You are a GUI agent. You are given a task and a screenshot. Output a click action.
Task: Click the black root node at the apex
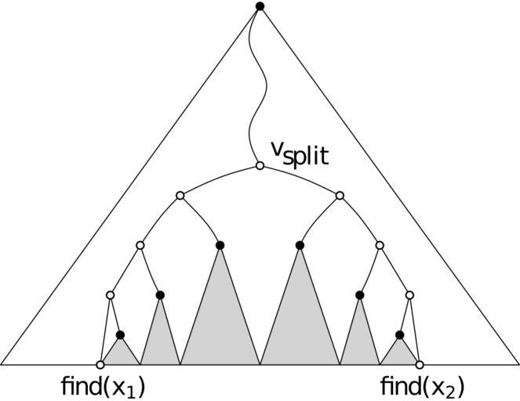click(x=260, y=6)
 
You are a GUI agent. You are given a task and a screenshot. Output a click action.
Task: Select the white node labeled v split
click(x=260, y=166)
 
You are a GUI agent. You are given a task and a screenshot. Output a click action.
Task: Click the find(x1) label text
click(x=103, y=386)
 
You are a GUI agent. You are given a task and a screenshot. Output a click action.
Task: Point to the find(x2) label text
click(x=421, y=386)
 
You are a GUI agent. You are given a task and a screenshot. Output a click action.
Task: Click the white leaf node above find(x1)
click(x=100, y=364)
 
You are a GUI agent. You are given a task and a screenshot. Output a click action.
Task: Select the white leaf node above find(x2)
click(x=420, y=364)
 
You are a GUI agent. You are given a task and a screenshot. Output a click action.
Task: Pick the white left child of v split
click(x=180, y=195)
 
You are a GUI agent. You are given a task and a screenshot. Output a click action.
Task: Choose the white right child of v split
click(x=340, y=195)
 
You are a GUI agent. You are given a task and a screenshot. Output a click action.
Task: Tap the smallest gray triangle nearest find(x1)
click(x=121, y=353)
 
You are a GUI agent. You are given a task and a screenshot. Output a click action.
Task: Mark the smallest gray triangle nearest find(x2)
click(x=399, y=353)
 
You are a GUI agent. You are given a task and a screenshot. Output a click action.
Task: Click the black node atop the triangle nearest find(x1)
click(x=120, y=334)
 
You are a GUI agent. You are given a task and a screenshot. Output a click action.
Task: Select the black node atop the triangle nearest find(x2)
click(x=399, y=334)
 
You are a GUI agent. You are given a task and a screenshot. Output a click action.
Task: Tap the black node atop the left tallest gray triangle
click(x=220, y=246)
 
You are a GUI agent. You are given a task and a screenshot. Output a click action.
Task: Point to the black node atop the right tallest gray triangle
click(x=300, y=246)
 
